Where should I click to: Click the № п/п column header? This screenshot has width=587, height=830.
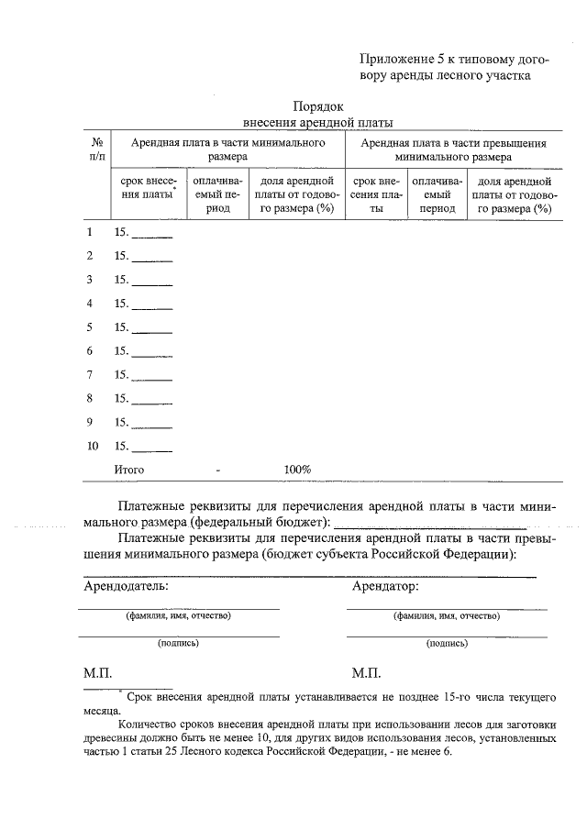96,150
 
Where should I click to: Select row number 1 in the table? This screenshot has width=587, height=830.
89,232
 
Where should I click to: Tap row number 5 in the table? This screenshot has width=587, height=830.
89,327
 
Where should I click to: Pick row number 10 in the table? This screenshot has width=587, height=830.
92,447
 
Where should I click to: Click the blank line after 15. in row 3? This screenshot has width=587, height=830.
152,282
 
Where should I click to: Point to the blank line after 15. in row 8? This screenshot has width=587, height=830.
152,402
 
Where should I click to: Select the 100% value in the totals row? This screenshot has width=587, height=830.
297,470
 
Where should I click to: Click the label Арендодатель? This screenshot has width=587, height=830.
126,584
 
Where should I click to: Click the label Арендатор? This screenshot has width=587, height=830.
385,584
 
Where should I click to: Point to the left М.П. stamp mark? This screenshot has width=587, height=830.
98,673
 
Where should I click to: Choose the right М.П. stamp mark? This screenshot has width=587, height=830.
366,673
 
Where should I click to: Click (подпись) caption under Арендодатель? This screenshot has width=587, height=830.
178,644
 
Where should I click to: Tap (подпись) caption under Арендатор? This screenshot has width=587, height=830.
447,644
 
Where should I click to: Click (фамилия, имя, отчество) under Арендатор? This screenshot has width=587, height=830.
447,615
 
